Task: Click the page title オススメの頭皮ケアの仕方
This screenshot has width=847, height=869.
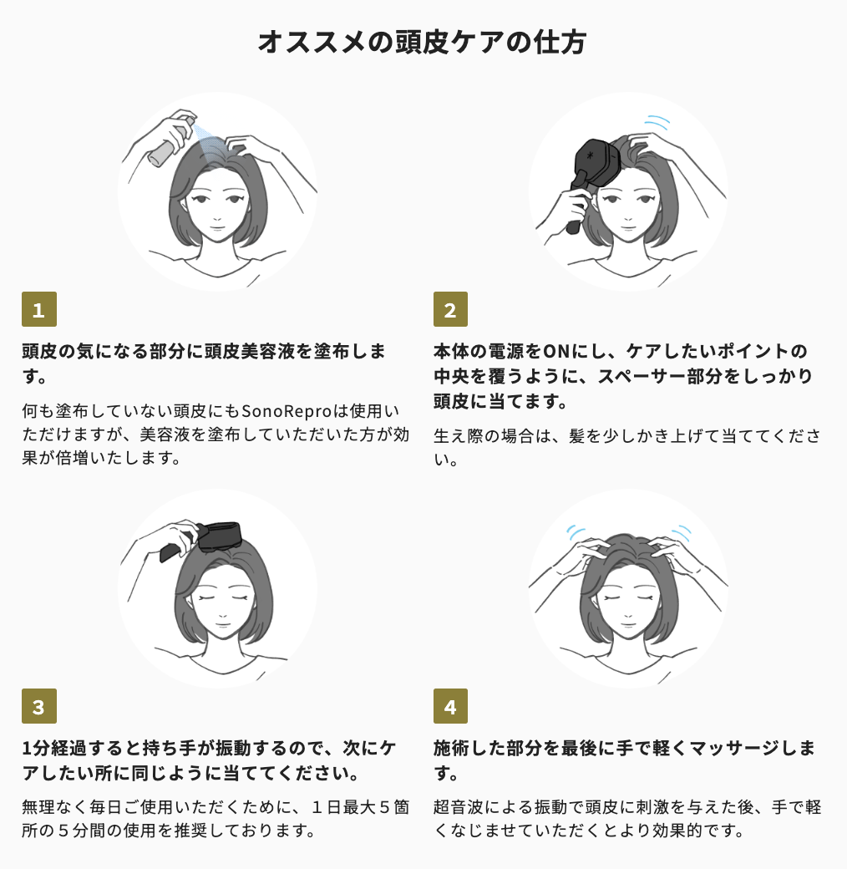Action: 422,42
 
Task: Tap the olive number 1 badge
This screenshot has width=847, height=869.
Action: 38,309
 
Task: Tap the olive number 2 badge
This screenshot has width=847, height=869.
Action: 450,309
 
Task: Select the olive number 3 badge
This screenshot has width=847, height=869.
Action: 38,706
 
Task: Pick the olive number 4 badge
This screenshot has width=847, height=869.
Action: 450,706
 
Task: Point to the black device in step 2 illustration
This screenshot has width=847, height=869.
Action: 591,172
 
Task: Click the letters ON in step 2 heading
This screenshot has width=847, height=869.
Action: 556,352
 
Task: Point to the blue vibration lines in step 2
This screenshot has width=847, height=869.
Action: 657,123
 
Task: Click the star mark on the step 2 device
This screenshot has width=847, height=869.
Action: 591,156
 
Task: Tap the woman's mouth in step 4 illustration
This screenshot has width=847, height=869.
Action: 627,625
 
